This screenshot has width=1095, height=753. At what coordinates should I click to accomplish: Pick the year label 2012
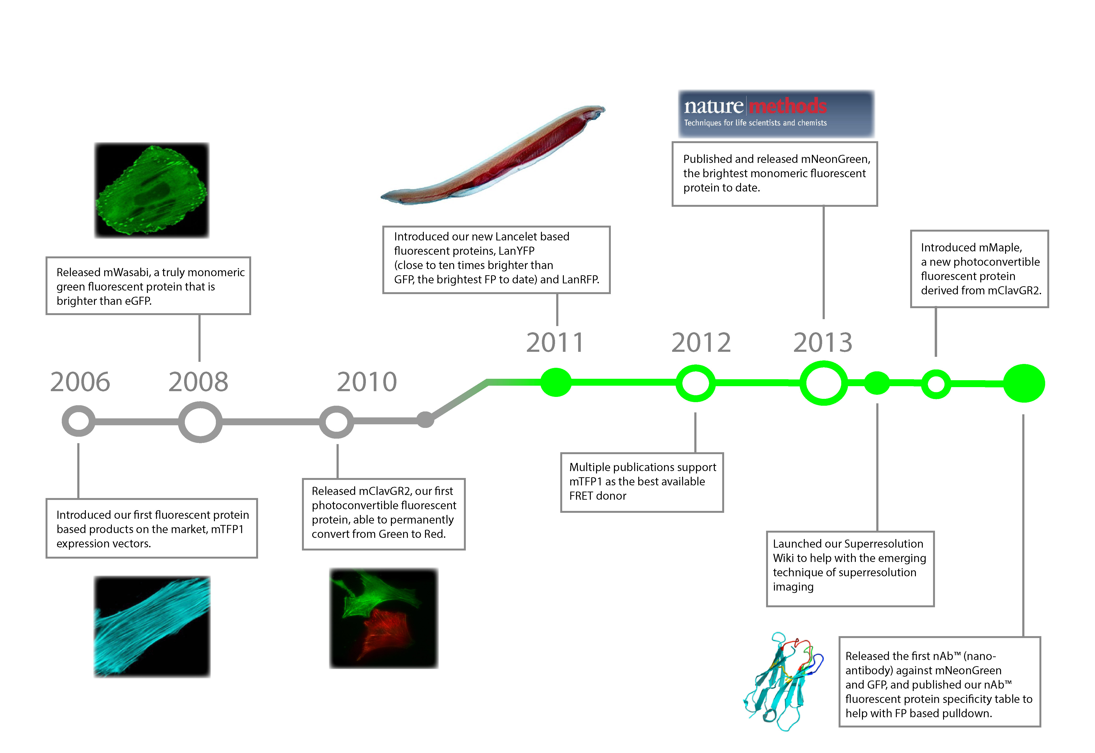point(701,343)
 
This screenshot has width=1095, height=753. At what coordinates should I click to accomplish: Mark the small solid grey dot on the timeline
point(425,420)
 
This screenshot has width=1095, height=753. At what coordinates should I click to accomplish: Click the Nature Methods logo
point(776,114)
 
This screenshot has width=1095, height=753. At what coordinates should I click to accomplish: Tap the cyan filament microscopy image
point(152,627)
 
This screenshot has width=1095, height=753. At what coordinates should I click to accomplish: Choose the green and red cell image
point(384,618)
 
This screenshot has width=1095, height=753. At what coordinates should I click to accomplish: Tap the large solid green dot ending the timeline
point(1024,383)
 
